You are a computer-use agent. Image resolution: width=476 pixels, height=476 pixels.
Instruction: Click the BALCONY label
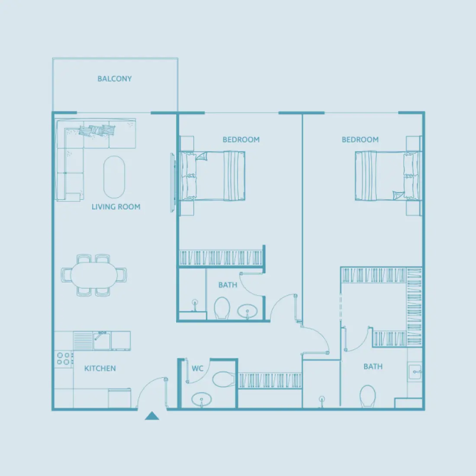point(114,79)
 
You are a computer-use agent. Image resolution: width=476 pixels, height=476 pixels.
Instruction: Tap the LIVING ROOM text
point(116,207)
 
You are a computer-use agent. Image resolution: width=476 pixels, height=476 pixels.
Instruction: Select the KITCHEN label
point(100,368)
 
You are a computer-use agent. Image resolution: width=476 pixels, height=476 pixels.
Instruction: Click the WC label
point(197,369)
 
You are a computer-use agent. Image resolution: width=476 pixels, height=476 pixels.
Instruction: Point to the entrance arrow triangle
point(152,416)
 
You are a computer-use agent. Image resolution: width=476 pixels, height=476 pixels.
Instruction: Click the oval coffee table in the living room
point(114,177)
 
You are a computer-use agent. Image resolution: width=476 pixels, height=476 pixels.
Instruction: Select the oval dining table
point(94,275)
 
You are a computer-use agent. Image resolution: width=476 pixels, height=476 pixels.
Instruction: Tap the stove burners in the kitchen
point(64,358)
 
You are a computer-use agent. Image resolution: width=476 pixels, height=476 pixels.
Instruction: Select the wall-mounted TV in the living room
point(173,182)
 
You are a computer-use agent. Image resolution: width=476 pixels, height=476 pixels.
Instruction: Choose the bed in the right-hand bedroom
point(387,176)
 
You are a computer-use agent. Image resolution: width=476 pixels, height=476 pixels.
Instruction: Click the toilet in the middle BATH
point(222,308)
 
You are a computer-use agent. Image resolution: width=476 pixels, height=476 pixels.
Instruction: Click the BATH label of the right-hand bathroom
point(373,367)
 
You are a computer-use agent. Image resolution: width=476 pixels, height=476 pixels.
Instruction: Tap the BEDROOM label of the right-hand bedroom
point(360,139)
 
